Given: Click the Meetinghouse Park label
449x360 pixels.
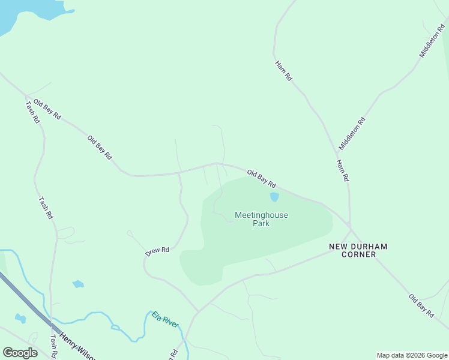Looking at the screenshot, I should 261,219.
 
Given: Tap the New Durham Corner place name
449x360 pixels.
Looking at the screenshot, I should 358,250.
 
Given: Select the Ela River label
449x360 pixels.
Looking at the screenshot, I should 165,319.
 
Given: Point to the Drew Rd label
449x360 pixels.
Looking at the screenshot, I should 157,251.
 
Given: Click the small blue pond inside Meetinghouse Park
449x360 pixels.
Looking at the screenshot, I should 274,197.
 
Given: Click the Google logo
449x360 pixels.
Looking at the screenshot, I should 20,353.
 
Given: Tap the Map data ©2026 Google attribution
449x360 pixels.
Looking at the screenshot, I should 412,355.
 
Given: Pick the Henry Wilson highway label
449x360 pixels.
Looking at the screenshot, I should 76,346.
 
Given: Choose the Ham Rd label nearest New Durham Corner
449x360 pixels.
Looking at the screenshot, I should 342,170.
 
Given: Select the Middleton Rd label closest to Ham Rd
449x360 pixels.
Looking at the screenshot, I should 352,133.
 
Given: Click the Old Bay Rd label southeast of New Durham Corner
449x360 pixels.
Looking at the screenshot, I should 421,305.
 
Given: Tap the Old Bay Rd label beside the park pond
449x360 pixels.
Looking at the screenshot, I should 261,178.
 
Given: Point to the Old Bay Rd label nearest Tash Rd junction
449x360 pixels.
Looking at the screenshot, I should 47,109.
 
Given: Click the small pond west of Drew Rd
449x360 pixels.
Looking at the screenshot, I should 78,284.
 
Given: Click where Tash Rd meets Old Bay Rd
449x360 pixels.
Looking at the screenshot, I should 26,96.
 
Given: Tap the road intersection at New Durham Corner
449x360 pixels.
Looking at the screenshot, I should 351,229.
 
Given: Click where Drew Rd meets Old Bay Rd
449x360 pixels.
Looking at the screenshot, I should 179,173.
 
